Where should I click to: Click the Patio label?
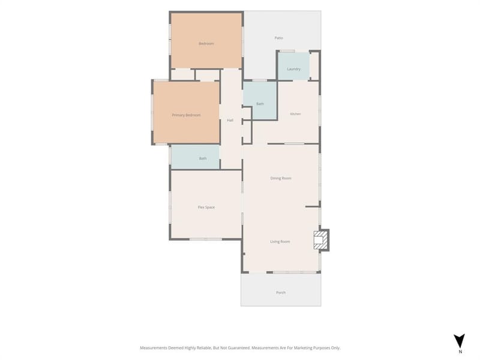point(278,38)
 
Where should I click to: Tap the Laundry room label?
point(293,69)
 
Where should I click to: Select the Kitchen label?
point(295,114)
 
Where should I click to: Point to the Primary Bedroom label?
point(186,115)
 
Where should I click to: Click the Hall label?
point(230,121)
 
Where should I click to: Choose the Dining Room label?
point(281,178)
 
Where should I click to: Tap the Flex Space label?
point(206,207)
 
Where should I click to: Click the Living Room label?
point(280,242)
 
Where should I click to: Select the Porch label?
point(281,293)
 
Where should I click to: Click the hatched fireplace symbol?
point(319,240)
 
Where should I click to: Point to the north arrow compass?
point(459,341)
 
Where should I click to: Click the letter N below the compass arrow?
point(460,352)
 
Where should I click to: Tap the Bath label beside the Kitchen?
point(260,104)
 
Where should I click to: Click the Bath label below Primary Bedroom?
point(203,158)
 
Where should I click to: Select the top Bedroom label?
point(206,44)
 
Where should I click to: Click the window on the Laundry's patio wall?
point(287,51)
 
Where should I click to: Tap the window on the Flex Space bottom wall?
point(206,239)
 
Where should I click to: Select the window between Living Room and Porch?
point(295,272)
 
